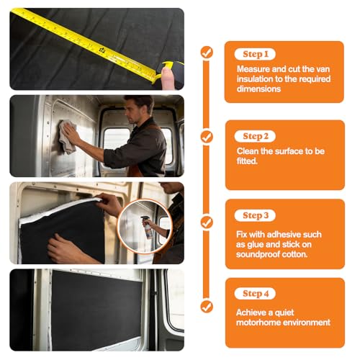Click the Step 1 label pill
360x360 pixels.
point(255,54)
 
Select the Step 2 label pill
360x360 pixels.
point(255,136)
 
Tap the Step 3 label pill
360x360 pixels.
point(255,215)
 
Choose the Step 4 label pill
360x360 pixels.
point(255,293)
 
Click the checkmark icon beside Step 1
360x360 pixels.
point(207,53)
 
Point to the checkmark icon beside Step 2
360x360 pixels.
point(207,138)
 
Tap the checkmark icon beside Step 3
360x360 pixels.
point(207,222)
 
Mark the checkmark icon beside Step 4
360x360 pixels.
point(207,307)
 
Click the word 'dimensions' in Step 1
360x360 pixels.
point(258,89)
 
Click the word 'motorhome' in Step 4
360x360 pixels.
point(256,323)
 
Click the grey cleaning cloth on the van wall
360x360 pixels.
point(67,137)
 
